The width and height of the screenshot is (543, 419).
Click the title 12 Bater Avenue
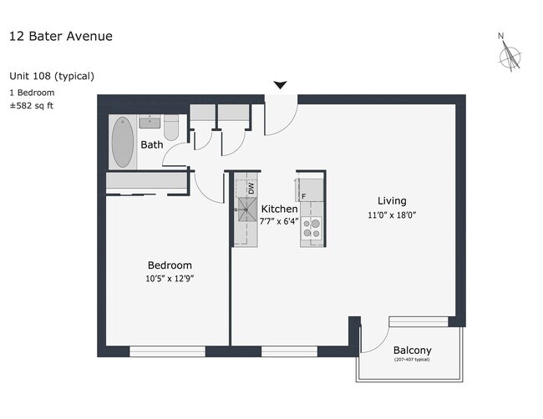[60, 36]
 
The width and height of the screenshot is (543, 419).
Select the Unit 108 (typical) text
[52, 76]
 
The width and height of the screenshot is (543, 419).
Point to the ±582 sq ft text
[32, 105]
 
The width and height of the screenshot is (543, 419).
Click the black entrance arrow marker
[281, 85]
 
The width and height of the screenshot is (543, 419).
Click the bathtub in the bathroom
[123, 142]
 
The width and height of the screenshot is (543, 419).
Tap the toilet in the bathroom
[171, 129]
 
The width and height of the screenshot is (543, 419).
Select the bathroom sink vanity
[150, 123]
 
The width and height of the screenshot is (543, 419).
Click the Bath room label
[152, 144]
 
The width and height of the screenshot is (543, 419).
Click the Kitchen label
[279, 209]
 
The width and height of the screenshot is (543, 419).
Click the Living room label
[392, 200]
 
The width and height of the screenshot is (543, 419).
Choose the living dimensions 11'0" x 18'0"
[392, 215]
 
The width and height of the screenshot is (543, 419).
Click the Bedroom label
[170, 265]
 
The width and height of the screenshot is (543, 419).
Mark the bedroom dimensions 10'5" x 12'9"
[170, 278]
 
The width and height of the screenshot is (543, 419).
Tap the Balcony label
[413, 350]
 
